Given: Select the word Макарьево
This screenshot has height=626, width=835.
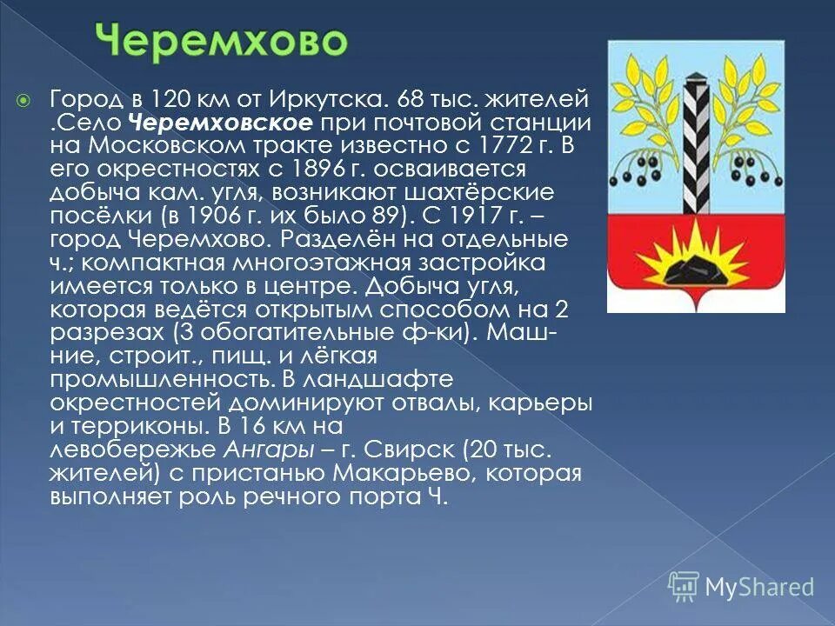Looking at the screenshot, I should click(395, 476).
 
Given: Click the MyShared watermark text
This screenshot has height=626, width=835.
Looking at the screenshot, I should click(758, 587).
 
